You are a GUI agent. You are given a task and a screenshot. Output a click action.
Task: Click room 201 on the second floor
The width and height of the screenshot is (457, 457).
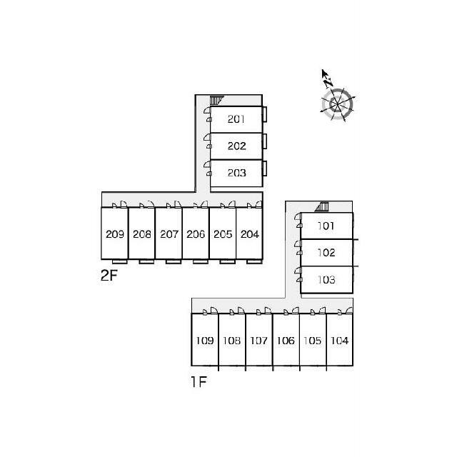pos(236,119)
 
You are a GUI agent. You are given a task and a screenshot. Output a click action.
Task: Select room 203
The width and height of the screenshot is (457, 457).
pos(236,173)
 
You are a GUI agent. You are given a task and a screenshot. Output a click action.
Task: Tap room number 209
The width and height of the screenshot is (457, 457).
pos(115,234)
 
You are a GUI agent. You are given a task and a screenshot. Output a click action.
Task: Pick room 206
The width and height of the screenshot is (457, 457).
pos(196,233)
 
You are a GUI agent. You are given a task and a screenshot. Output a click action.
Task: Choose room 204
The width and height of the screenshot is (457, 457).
pos(249,233)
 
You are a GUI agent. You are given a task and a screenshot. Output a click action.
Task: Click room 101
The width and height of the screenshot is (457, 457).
pos(326,226)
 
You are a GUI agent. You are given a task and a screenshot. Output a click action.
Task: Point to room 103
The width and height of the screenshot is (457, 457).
pos(326,280)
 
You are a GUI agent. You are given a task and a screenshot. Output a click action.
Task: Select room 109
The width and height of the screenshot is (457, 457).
pos(205,340)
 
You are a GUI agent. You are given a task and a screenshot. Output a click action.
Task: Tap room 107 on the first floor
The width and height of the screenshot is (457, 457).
pos(259,340)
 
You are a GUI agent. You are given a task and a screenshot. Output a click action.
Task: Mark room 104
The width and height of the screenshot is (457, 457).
pos(340,340)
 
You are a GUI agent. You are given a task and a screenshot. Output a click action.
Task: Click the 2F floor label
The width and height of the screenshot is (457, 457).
pos(109,275)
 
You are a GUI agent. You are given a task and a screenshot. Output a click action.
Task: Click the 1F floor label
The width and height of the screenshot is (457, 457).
pos(199,382)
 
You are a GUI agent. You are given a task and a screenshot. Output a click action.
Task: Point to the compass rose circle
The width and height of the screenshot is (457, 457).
pos(337,104)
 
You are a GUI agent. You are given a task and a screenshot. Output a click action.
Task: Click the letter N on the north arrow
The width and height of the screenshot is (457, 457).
pos(328,83)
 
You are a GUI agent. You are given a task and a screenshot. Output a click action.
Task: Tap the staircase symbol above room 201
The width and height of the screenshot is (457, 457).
pos(216,100)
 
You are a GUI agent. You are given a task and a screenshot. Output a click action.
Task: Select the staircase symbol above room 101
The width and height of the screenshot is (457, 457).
pos(322,206)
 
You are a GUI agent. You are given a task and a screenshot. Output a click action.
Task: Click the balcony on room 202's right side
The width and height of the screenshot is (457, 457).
pos(265,141)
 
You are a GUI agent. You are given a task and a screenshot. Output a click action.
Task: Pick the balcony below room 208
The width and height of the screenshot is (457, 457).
pos(146,261)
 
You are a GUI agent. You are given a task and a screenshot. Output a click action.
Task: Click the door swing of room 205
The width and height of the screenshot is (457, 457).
pos(232,204)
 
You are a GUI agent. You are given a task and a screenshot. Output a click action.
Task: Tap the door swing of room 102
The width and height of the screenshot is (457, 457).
pos(298,243)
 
